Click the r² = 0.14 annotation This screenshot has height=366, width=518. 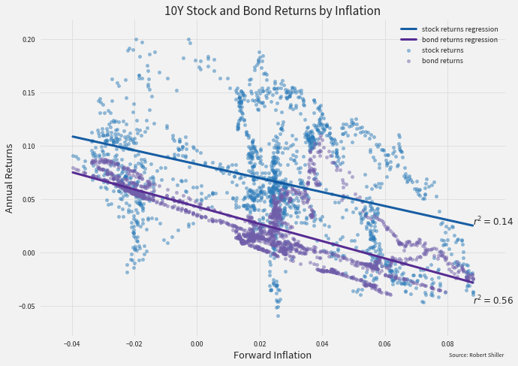tap(492, 221)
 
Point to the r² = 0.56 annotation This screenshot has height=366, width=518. tap(492, 300)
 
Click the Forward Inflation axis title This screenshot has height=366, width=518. tap(273, 355)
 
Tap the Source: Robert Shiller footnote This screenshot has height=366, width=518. tap(476, 355)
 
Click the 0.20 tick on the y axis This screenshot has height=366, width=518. tap(29, 39)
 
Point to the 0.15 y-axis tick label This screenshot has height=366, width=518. tap(29, 92)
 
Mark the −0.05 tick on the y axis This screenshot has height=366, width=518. tap(27, 306)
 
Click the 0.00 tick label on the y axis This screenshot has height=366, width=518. tap(29, 253)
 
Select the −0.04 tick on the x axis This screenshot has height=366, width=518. tap(71, 343)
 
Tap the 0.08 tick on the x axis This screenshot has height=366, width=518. tap(447, 343)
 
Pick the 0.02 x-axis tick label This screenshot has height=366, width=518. tap(260, 343)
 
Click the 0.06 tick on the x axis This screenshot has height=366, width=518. tap(384, 343)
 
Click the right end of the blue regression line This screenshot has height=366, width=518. tap(473, 225)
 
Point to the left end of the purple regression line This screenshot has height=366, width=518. tap(73, 172)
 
